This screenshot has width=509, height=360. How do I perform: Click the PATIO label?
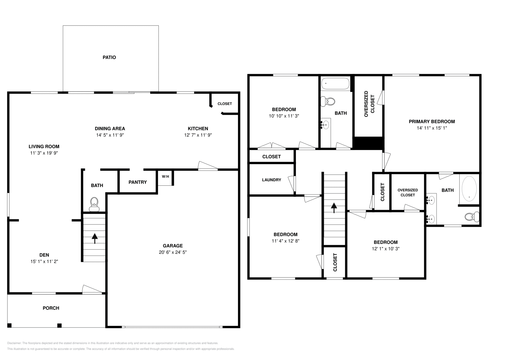[109, 58]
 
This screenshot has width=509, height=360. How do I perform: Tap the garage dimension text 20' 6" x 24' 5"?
[173, 252]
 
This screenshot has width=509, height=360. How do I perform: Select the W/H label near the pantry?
[165, 176]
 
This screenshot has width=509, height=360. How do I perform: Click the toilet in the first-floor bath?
[94, 204]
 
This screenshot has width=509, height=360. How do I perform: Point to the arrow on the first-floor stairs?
[94, 238]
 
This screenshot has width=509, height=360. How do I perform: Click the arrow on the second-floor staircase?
[334, 208]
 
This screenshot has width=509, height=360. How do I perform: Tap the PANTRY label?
[137, 182]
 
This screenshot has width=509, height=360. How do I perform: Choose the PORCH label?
[51, 308]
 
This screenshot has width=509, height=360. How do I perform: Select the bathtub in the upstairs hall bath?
[335, 84]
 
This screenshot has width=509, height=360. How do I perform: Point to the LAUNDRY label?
[271, 180]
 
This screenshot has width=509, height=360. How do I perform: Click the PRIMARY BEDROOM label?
[432, 121]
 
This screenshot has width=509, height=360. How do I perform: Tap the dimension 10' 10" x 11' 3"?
[284, 116]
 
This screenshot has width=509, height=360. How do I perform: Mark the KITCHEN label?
[198, 128]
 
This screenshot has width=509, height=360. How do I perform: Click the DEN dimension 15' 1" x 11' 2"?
[44, 261]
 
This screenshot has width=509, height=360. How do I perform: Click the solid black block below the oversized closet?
[368, 143]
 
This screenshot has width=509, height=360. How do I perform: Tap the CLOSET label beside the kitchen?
[225, 104]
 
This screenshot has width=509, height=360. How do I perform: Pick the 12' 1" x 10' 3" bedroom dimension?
[386, 249]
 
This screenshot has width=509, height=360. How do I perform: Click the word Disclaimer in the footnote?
[14, 343]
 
